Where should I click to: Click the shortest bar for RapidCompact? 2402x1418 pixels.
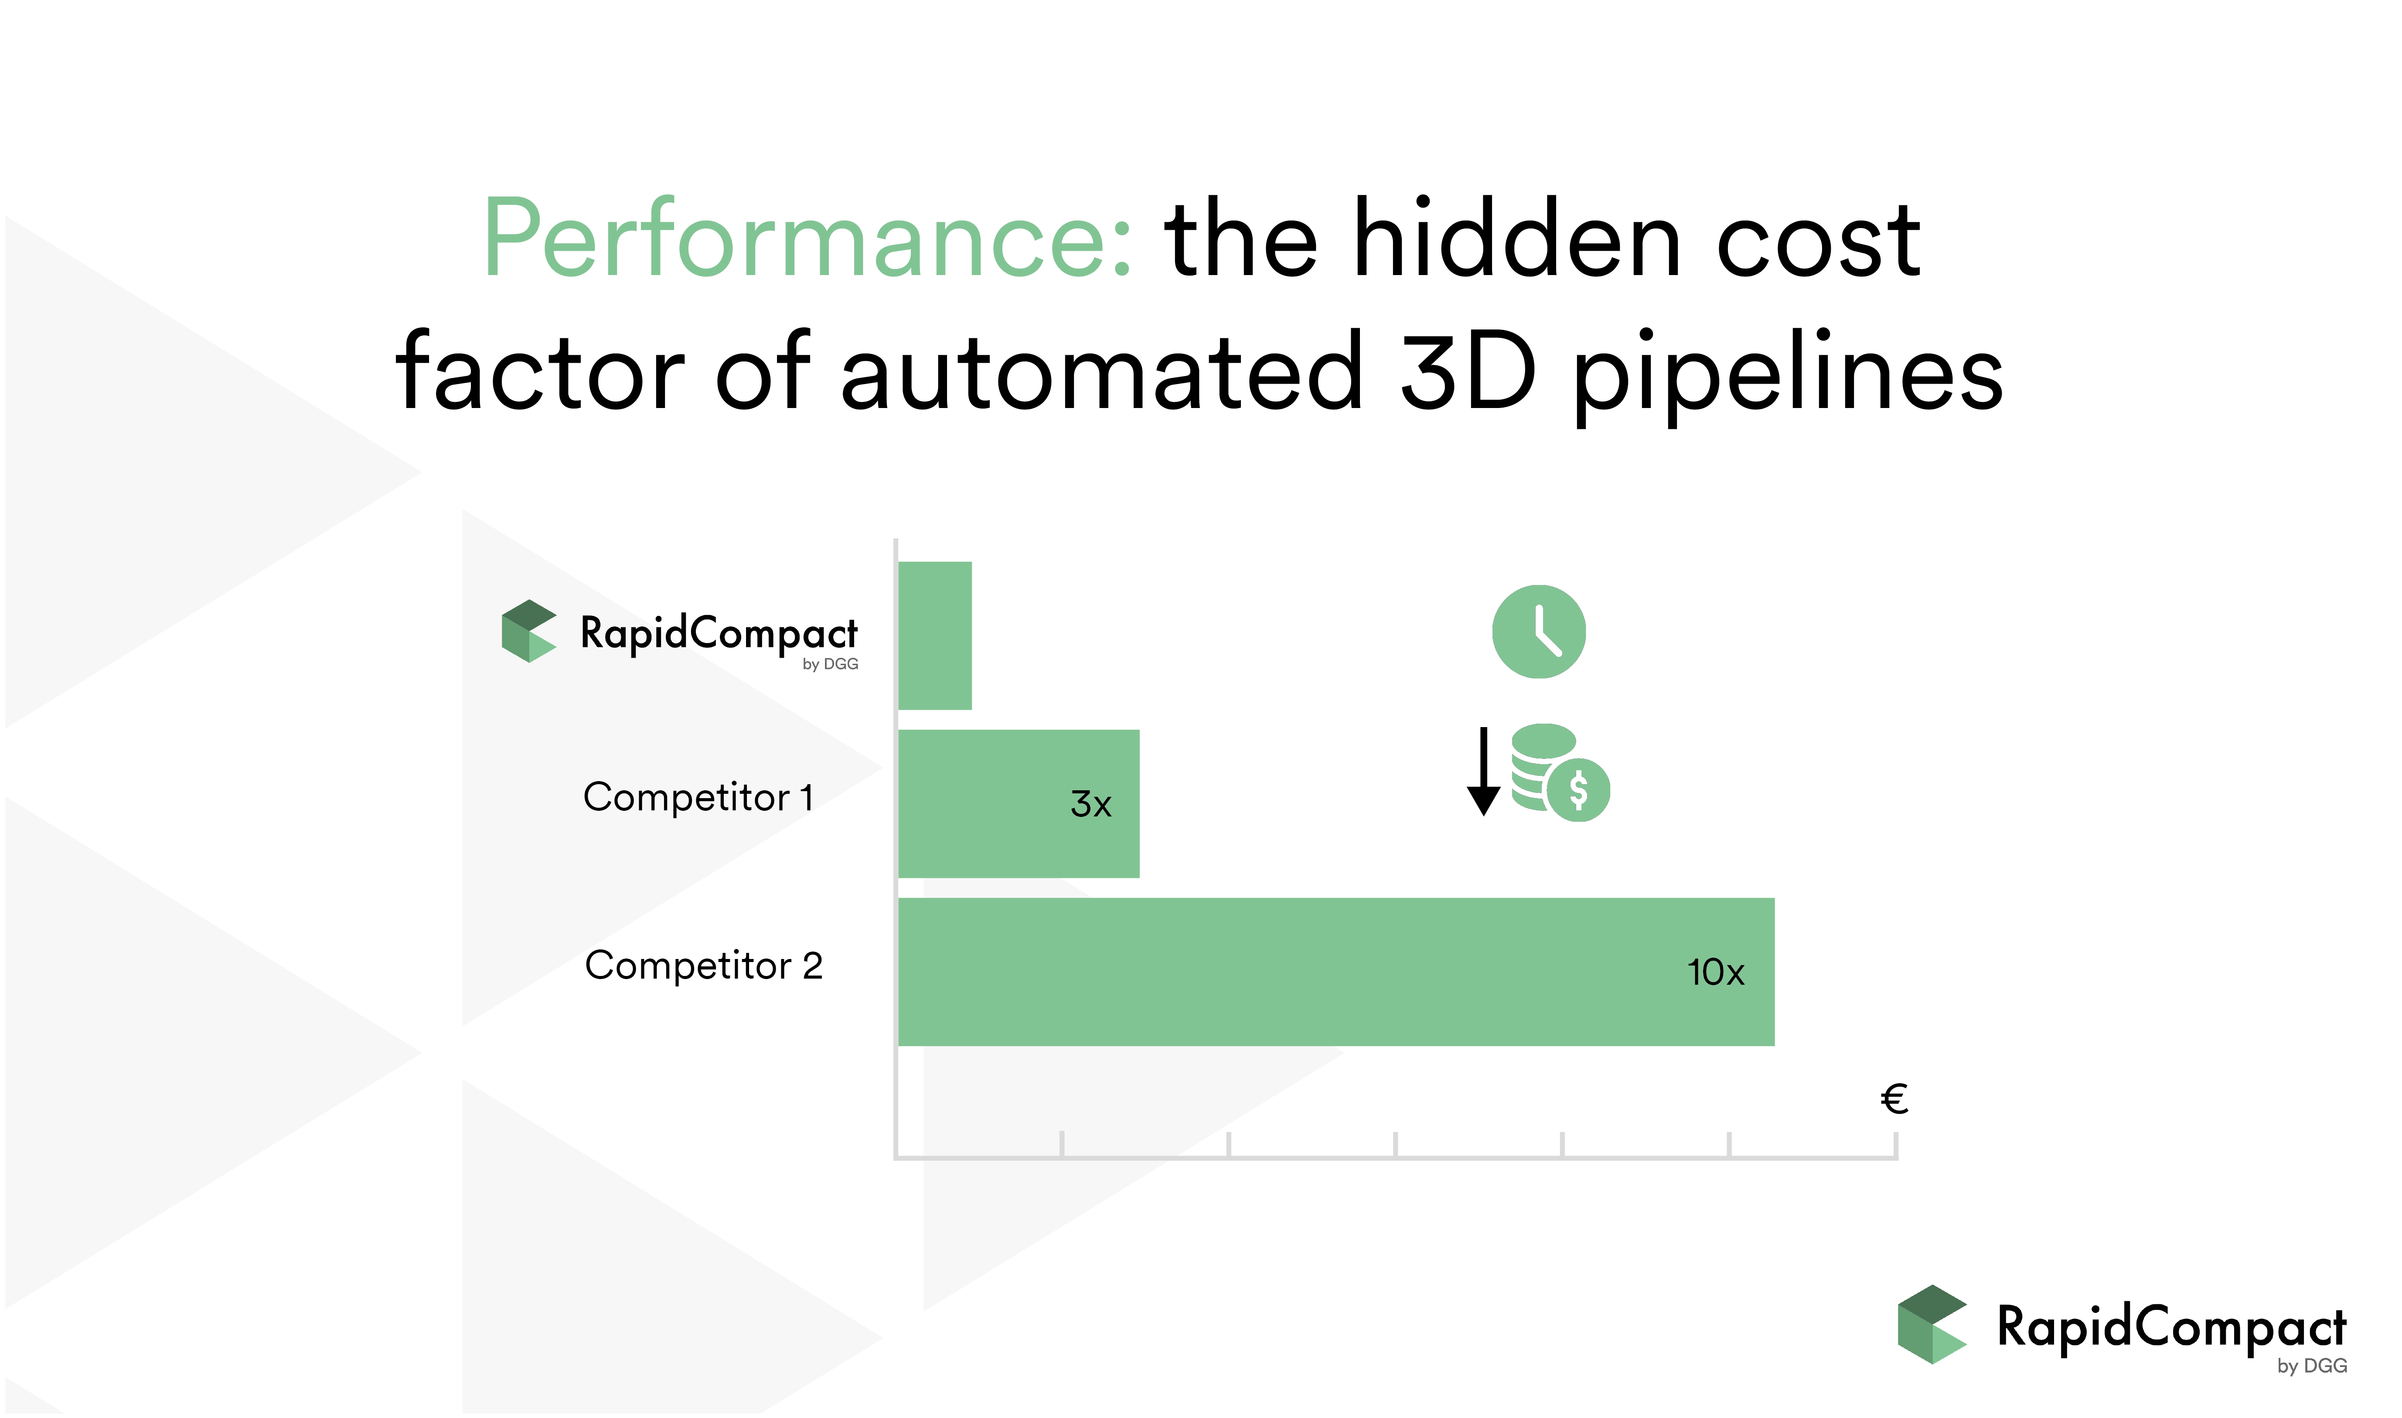935,636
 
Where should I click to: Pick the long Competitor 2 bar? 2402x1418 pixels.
1337,972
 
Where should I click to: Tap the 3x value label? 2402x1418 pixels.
1091,805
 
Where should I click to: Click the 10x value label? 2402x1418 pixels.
1716,973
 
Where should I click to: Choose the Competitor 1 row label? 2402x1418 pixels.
698,797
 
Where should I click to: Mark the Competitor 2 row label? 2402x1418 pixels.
704,965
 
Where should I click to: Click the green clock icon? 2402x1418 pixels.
1539,632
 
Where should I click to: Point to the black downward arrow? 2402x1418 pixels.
1484,771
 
